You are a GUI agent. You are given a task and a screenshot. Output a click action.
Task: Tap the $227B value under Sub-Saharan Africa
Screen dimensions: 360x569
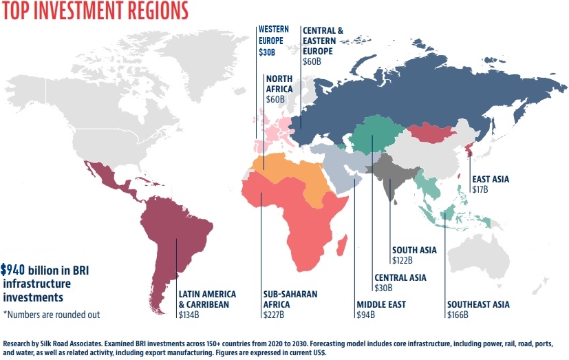(274, 315)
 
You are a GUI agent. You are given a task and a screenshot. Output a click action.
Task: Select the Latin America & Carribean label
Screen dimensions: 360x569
(207, 299)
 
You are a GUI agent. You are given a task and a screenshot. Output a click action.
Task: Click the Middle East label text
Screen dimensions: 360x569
(380, 304)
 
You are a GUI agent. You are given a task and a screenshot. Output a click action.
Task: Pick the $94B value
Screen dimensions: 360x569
(365, 315)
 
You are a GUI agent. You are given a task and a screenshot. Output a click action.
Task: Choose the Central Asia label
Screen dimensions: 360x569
(400, 277)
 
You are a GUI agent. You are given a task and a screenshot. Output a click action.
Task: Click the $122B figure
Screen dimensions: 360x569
(402, 260)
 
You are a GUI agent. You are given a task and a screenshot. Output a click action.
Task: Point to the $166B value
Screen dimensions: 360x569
(458, 315)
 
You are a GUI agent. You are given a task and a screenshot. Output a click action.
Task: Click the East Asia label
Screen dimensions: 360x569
(490, 180)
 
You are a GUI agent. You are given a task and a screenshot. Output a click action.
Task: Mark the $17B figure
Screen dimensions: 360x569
(480, 190)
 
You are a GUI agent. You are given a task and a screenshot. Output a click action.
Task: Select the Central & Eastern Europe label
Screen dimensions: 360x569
(323, 41)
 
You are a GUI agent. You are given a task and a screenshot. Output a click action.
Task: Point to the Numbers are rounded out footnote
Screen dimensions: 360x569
(52, 315)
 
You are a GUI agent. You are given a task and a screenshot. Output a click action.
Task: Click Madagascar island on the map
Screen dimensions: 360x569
(342, 244)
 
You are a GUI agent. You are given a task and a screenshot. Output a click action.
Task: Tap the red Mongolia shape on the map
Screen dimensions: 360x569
(429, 132)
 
